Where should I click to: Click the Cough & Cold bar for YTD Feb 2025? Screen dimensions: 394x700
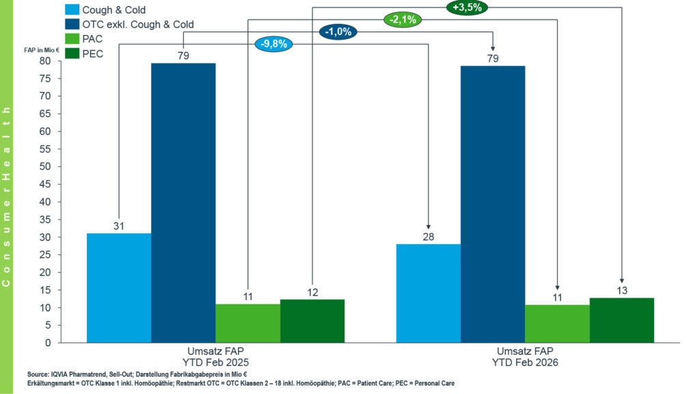tap(119, 287)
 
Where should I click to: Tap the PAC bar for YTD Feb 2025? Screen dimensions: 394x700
tap(247, 323)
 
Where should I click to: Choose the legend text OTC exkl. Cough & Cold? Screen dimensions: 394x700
tap(139, 25)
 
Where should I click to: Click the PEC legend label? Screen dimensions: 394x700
tap(93, 54)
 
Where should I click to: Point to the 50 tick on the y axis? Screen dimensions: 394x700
tap(46, 166)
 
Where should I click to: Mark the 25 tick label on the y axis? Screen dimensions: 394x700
tap(46, 254)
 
